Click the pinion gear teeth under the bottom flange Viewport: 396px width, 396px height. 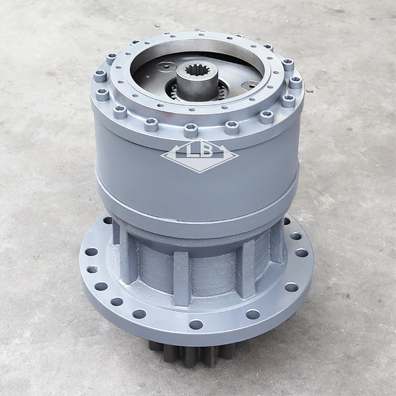(187, 353)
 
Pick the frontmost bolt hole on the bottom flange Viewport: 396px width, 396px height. (196, 324)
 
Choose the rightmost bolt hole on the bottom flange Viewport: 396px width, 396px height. (302, 253)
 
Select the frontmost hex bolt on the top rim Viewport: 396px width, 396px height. (191, 129)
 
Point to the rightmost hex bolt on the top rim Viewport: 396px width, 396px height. (295, 82)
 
